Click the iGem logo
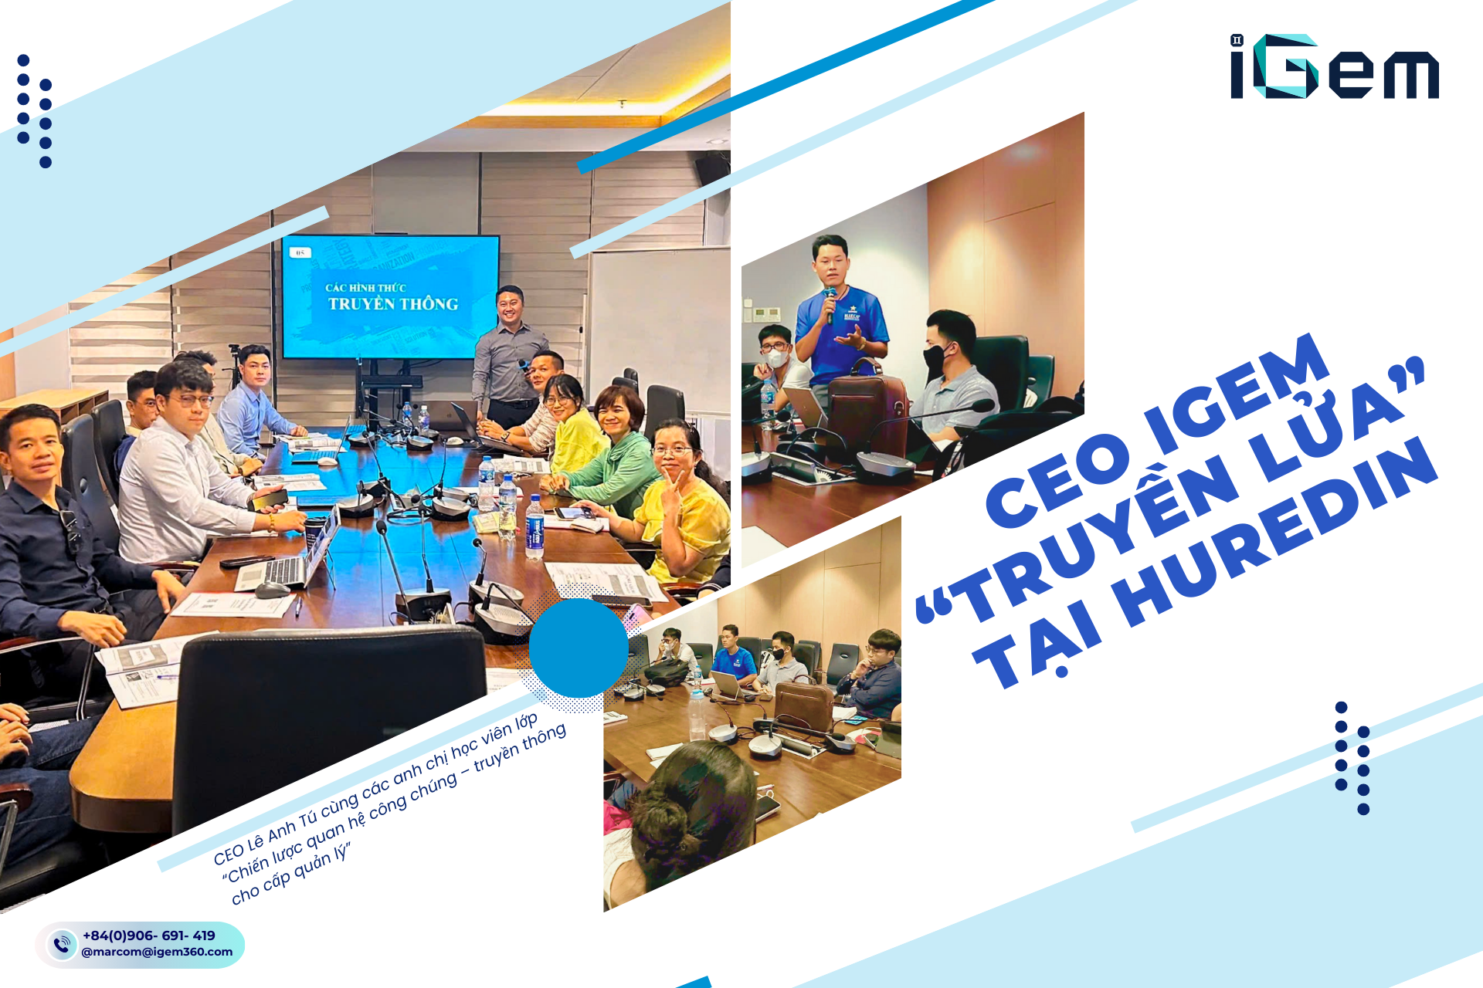pyautogui.click(x=1334, y=67)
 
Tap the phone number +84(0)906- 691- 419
pyautogui.click(x=148, y=936)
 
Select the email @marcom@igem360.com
pyautogui.click(x=157, y=952)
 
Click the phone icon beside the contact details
pyautogui.click(x=61, y=944)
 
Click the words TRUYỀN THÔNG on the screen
pyautogui.click(x=393, y=304)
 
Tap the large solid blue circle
pyautogui.click(x=578, y=648)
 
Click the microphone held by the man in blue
pyautogui.click(x=830, y=305)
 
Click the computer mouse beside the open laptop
pyautogui.click(x=272, y=590)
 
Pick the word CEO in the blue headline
pyautogui.click(x=1058, y=479)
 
